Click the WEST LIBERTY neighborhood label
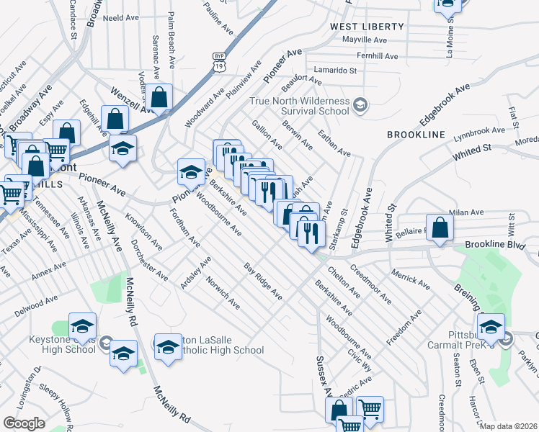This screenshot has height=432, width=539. click(367, 27)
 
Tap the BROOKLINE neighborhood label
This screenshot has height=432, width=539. click(416, 135)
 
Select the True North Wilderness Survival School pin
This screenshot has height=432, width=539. click(361, 107)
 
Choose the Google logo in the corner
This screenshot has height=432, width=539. click(24, 423)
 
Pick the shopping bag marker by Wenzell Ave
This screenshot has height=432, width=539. click(161, 96)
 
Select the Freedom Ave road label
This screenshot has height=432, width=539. click(404, 326)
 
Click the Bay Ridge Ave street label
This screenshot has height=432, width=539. click(262, 282)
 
